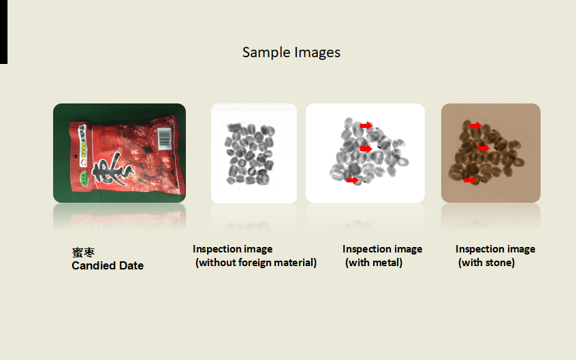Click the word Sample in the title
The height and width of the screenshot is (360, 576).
267,53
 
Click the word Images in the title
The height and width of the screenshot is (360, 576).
317,53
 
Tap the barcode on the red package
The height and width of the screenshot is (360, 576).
164,139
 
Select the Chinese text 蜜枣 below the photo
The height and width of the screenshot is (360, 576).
83,252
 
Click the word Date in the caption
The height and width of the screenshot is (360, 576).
131,265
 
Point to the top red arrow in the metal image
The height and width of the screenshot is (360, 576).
366,126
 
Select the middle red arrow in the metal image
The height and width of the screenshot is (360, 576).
366,149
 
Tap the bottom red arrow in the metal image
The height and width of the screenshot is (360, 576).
352,180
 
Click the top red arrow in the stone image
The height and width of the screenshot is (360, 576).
476,126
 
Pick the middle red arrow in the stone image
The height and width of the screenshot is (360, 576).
484,148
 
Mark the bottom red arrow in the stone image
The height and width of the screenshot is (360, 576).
470,180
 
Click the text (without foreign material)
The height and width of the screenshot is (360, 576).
256,263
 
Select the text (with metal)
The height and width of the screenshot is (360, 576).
374,263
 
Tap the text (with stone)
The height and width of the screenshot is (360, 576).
486,263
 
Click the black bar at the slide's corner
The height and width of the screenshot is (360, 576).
3,32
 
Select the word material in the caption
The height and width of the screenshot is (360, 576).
295,263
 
